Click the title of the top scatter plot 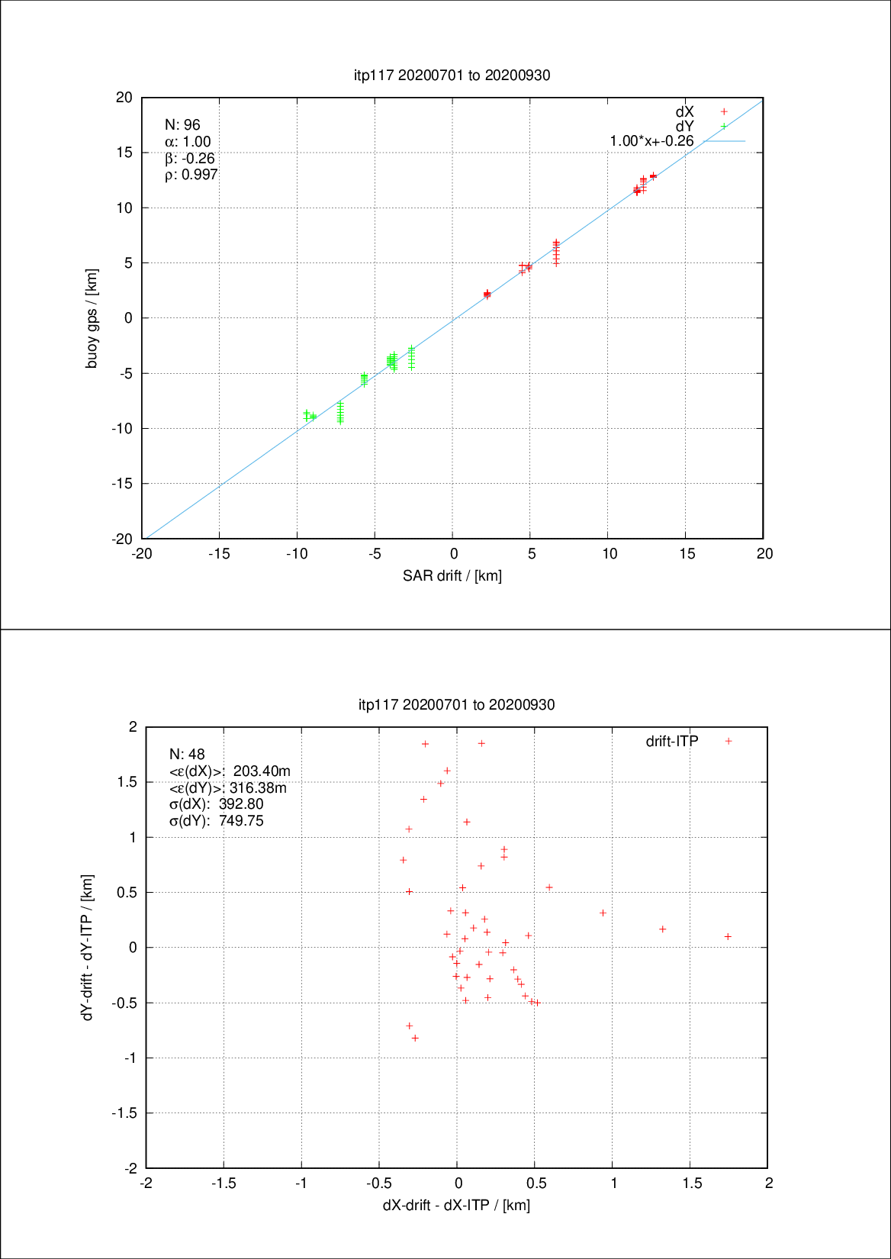(452, 75)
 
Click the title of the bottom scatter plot (456, 704)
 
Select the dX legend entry (684, 112)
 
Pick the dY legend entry (684, 127)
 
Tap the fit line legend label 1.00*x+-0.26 (651, 141)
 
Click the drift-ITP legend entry (672, 741)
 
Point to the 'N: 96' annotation (182, 125)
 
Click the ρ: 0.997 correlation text (191, 175)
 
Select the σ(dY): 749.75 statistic (217, 821)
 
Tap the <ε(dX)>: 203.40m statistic (230, 771)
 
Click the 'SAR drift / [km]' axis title (452, 576)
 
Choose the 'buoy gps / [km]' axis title (92, 318)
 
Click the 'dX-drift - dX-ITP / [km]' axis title (456, 1206)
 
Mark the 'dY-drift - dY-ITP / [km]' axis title (88, 947)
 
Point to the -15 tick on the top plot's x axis (220, 554)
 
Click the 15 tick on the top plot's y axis (124, 153)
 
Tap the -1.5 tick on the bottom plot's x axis (224, 1183)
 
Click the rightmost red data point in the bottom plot (728, 936)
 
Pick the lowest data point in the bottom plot (415, 1038)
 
